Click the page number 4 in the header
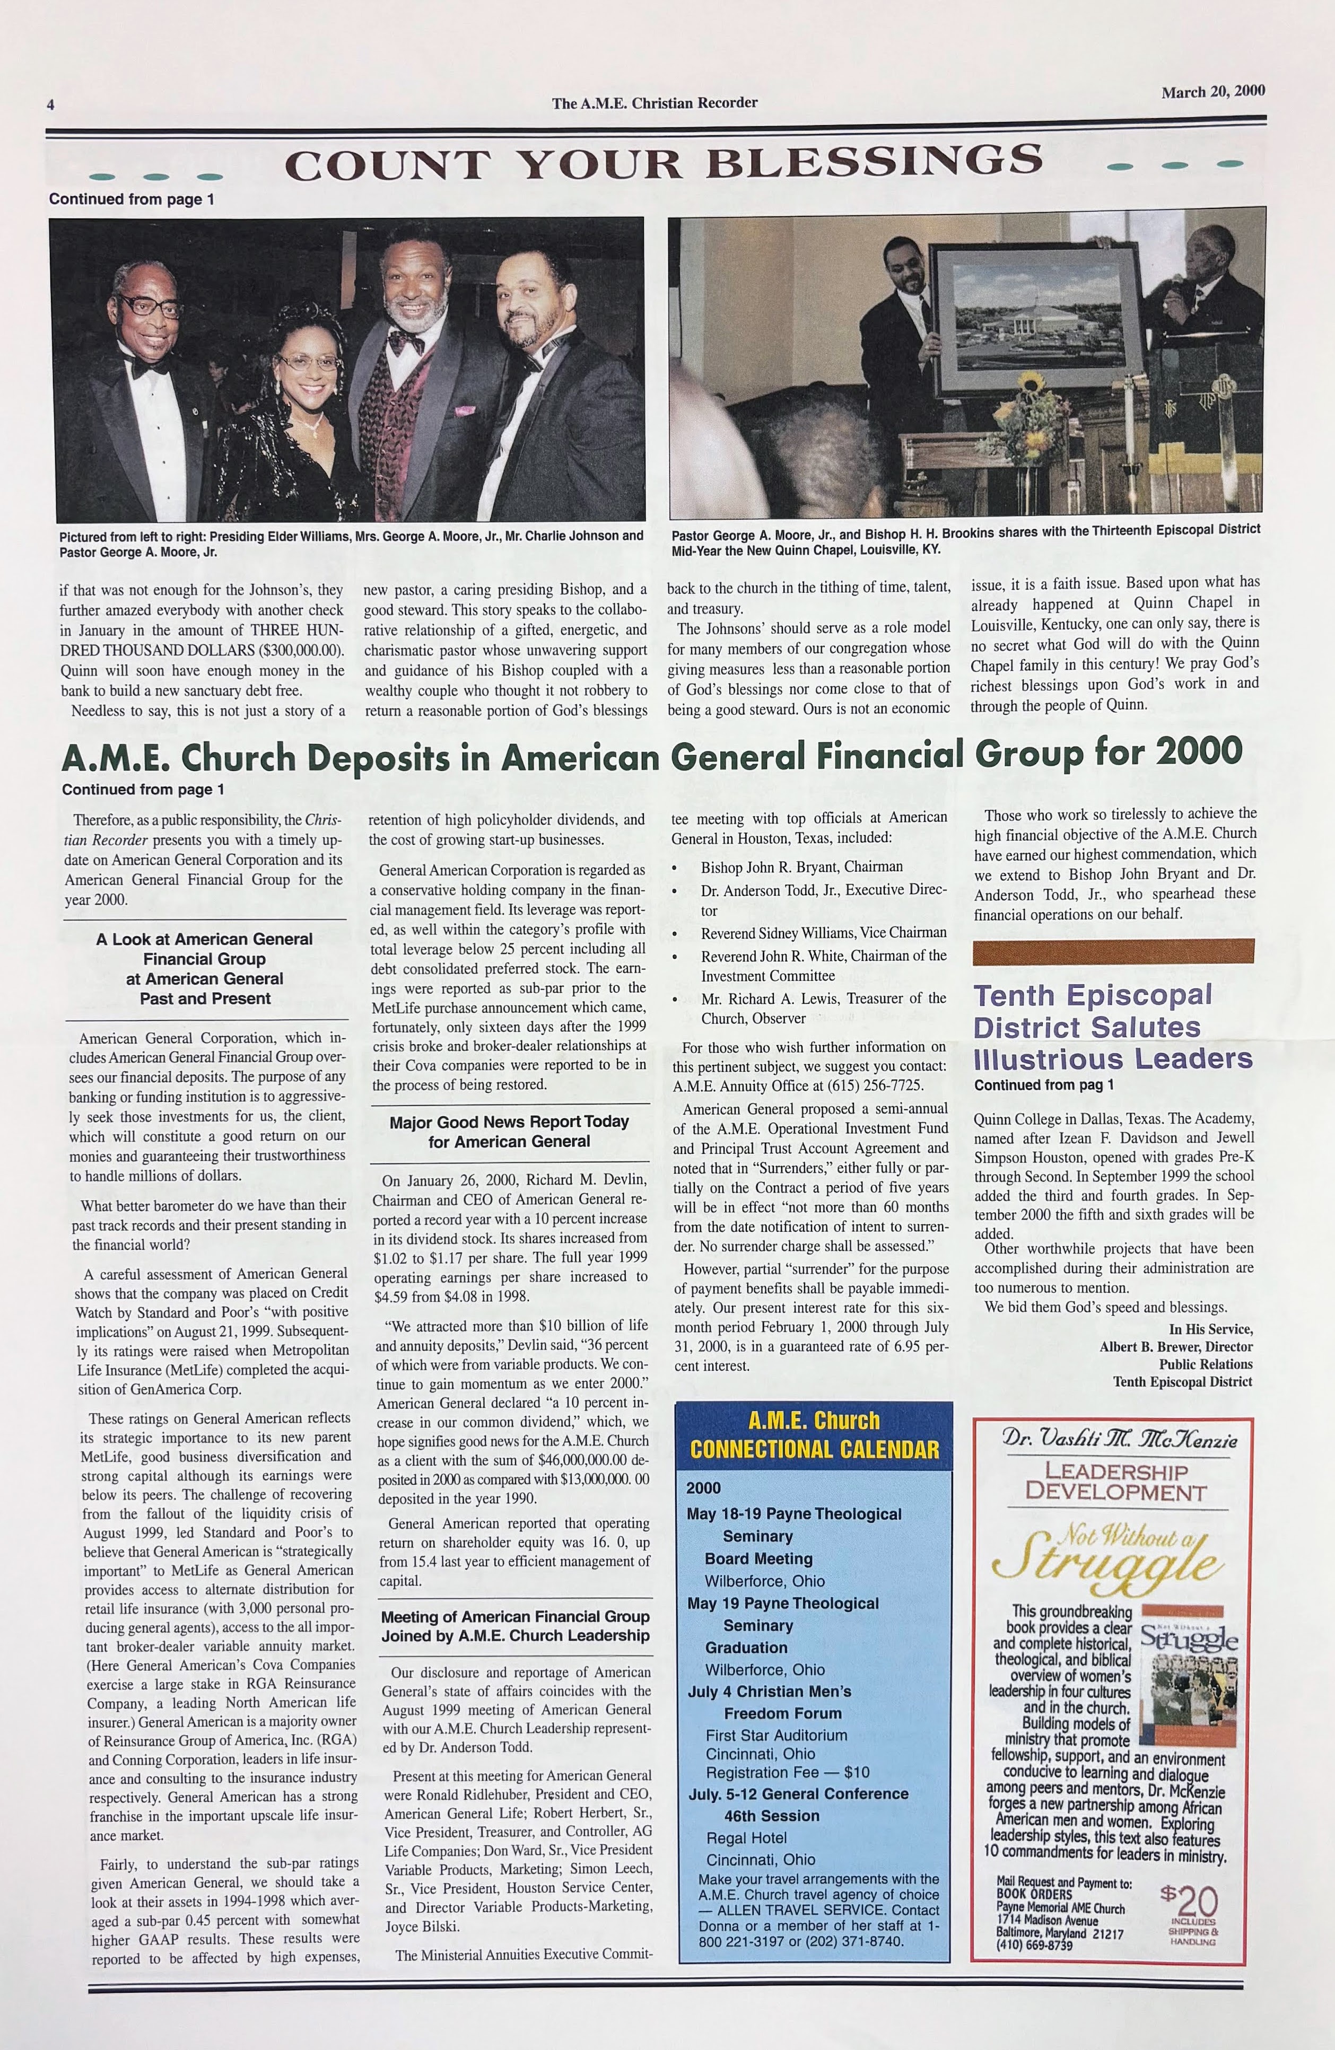click(51, 105)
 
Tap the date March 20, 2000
click(1212, 92)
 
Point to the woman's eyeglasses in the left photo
click(308, 363)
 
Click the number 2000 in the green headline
click(1199, 752)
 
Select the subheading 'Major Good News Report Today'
click(509, 1122)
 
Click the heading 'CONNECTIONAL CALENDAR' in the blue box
click(814, 1449)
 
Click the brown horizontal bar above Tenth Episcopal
click(1113, 951)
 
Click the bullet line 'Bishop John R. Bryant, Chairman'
click(801, 866)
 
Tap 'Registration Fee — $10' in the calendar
click(787, 1772)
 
